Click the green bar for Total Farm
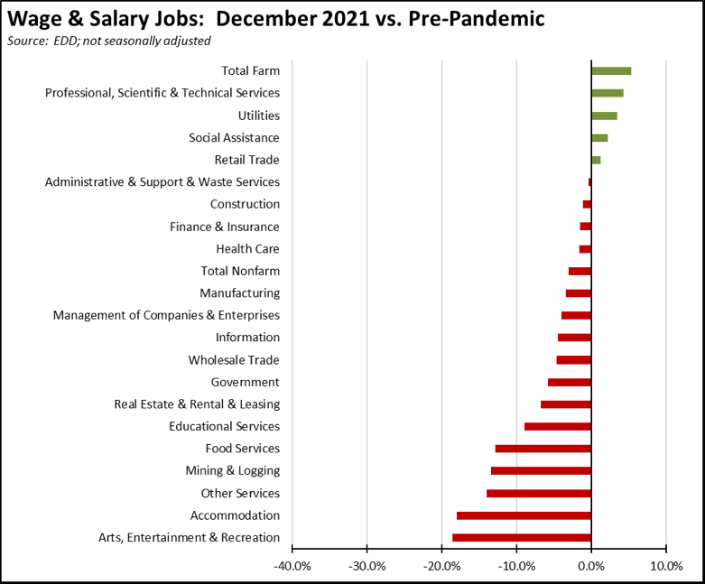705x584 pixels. point(611,70)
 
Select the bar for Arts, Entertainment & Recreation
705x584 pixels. point(522,538)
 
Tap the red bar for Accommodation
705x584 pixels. point(524,515)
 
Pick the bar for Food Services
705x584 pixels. point(543,449)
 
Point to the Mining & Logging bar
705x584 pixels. point(541,471)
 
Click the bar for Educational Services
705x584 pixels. point(558,427)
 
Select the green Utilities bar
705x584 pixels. point(604,116)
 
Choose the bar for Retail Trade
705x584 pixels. point(596,160)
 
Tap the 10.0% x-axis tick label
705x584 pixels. point(665,566)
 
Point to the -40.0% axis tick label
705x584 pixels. point(292,566)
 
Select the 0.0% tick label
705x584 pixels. point(591,566)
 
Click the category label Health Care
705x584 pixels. point(247,249)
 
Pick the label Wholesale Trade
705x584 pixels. point(234,360)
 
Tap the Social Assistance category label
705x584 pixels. point(234,138)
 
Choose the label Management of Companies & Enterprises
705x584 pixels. point(166,315)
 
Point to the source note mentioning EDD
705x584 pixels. point(108,41)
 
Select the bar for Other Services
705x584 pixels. point(539,494)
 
